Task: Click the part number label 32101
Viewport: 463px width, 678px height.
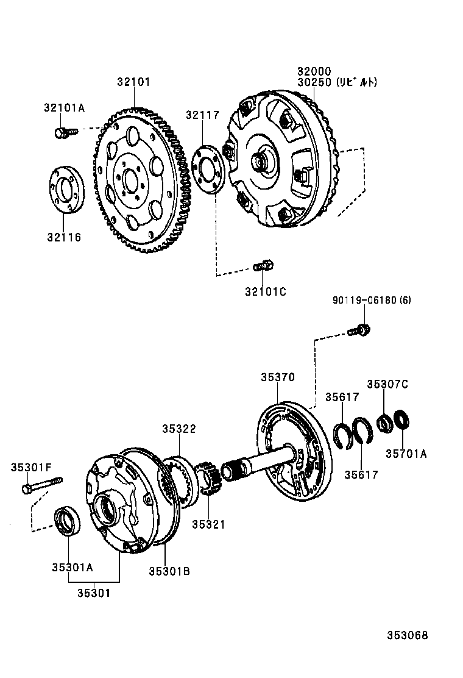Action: point(133,82)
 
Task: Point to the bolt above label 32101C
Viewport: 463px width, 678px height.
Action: point(263,266)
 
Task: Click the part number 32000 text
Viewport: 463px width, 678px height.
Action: point(314,71)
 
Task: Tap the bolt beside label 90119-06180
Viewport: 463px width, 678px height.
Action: point(359,330)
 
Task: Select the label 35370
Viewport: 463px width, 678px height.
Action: point(278,377)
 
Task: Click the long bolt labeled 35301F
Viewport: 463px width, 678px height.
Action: point(42,486)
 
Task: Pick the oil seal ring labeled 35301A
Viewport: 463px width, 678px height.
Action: point(67,520)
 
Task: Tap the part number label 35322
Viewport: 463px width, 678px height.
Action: point(178,429)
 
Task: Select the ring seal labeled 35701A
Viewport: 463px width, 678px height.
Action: point(402,421)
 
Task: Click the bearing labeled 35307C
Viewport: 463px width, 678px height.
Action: point(384,423)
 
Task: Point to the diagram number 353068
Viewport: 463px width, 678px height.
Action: point(407,635)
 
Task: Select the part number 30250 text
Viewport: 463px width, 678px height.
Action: point(314,82)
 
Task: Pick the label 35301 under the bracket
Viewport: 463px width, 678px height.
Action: point(94,592)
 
